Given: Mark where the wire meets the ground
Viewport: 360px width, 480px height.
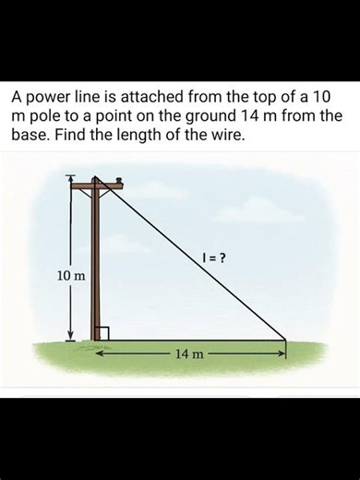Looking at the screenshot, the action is pos(286,341).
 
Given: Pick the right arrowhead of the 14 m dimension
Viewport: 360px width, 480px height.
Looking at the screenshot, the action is pos(282,352).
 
